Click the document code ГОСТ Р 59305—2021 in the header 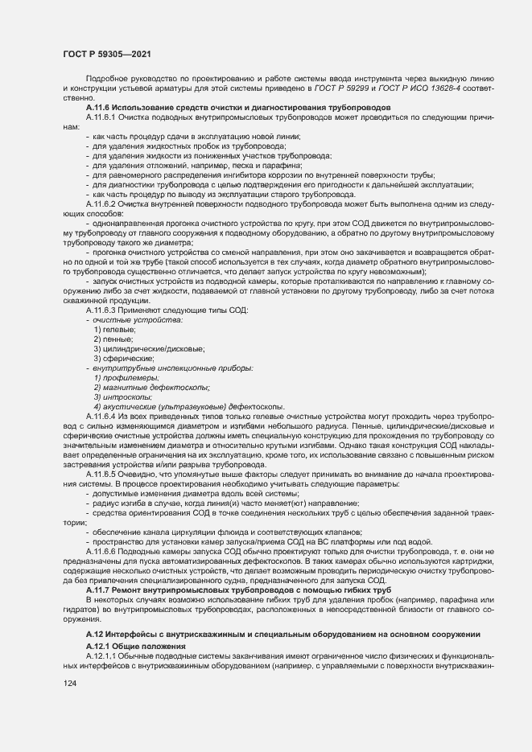107,53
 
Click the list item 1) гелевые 114,330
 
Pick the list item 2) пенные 113,339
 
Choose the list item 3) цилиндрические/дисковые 149,348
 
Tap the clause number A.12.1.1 101,656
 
